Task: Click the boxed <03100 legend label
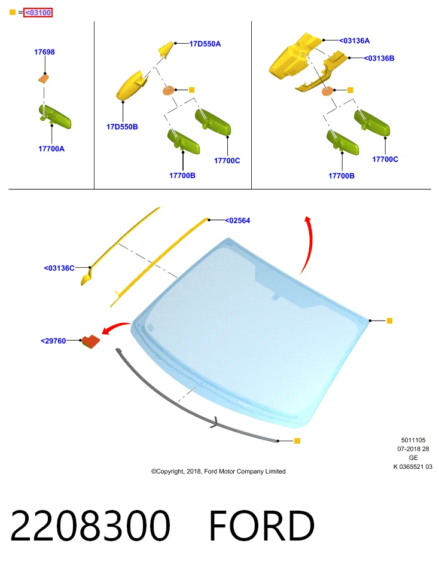[x=38, y=13]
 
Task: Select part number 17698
[x=44, y=52]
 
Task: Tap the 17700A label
[x=51, y=149]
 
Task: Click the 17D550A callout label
[x=205, y=44]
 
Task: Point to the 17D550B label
[x=122, y=127]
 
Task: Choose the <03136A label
[x=355, y=41]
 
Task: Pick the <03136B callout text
[x=379, y=58]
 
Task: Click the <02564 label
[x=237, y=221]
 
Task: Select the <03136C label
[x=59, y=268]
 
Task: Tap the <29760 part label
[x=53, y=341]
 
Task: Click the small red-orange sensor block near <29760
[x=90, y=341]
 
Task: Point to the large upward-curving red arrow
[x=310, y=243]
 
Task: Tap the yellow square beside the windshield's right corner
[x=389, y=320]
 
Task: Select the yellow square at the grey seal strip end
[x=297, y=441]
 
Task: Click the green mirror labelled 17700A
[x=55, y=117]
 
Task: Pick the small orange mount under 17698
[x=44, y=78]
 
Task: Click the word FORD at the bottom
[x=262, y=526]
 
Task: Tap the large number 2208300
[x=90, y=526]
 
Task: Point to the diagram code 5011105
[x=413, y=440]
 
